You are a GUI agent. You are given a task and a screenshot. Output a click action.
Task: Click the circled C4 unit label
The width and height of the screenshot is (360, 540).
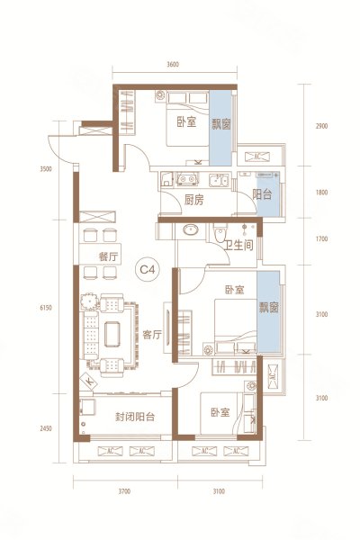[x=145, y=267]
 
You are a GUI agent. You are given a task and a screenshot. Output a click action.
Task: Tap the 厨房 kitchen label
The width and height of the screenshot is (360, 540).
[x=193, y=200]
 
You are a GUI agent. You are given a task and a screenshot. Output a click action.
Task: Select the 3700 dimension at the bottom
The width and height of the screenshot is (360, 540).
[x=124, y=491]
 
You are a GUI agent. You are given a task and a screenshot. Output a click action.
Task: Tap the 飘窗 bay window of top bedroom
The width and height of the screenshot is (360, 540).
[x=220, y=125]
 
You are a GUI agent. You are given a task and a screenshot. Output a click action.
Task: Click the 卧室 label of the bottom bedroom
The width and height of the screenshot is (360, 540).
[x=220, y=412]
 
